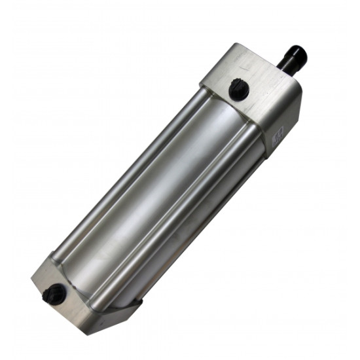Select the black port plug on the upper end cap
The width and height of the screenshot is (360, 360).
click(238, 88)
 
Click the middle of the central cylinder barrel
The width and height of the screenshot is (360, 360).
click(164, 190)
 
